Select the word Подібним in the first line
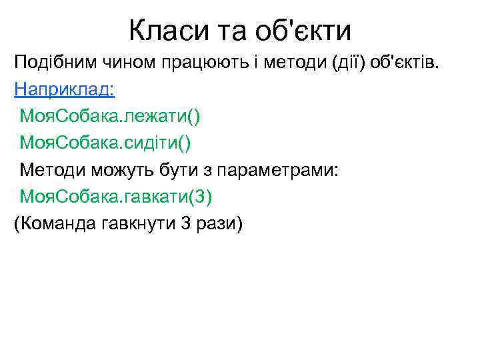pos(55,63)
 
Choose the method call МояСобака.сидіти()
pos(107,143)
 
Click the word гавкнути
pos(138,223)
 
